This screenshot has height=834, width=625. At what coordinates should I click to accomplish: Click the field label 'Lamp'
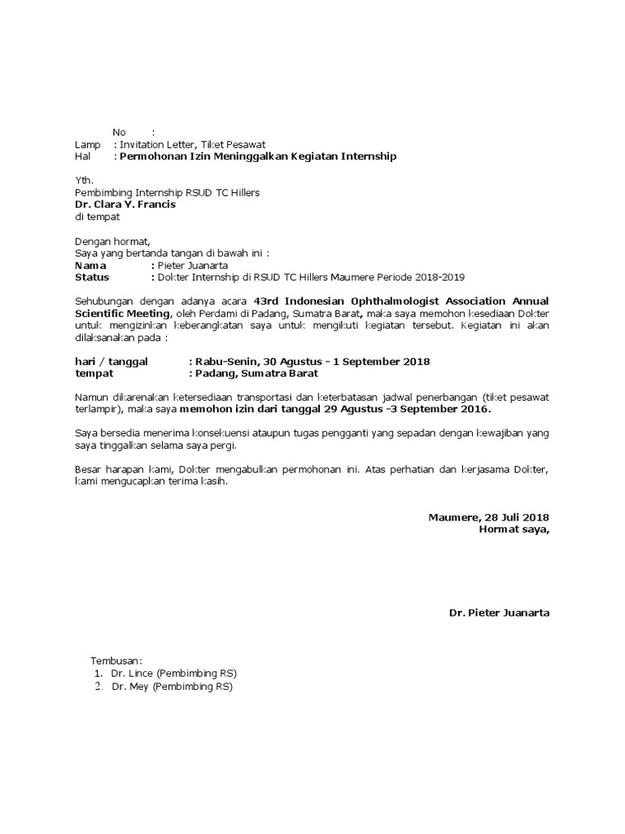(87, 144)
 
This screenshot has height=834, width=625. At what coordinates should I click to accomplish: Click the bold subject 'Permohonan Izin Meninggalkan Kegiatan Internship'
(257, 156)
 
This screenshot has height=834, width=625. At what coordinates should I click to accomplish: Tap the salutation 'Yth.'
(84, 181)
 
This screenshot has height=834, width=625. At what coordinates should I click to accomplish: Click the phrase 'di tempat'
(97, 217)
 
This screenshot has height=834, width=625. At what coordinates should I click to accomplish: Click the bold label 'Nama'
(90, 266)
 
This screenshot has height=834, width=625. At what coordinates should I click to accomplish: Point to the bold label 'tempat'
(94, 374)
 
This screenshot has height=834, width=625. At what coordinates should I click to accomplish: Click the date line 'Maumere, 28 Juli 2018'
(489, 517)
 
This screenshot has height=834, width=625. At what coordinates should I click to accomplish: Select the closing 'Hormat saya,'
(514, 529)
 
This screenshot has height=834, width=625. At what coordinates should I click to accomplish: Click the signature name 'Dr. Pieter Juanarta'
(499, 612)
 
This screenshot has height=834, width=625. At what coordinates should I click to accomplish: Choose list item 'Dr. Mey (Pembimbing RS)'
(172, 687)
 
